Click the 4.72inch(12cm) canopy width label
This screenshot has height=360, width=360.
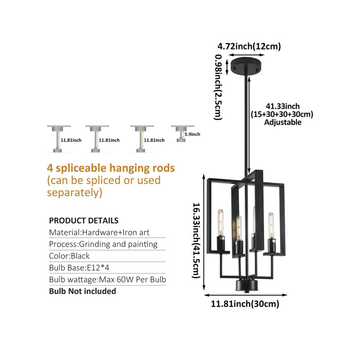click(x=249, y=46)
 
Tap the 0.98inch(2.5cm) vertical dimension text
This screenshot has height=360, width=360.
click(x=218, y=87)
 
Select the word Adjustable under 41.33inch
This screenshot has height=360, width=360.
click(x=283, y=122)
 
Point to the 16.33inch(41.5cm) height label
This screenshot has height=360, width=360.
click(x=196, y=241)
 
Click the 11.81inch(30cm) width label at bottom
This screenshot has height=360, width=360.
click(x=245, y=304)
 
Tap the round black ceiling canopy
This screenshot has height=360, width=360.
click(x=245, y=66)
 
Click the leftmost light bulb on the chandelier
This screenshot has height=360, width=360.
click(x=220, y=222)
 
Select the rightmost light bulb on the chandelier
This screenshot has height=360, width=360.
click(x=271, y=225)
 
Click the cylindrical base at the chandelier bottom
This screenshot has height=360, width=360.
click(x=247, y=285)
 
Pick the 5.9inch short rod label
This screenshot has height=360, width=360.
click(x=193, y=134)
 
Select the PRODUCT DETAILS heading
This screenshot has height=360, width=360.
click(x=84, y=220)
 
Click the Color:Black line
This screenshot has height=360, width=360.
click(x=69, y=256)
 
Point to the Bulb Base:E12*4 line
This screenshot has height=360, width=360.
click(x=79, y=268)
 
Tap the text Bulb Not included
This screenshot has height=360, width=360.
click(x=82, y=291)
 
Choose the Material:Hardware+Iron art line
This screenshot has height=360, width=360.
click(x=99, y=232)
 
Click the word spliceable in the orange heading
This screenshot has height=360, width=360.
click(x=81, y=168)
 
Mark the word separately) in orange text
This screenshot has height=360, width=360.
click(x=75, y=193)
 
